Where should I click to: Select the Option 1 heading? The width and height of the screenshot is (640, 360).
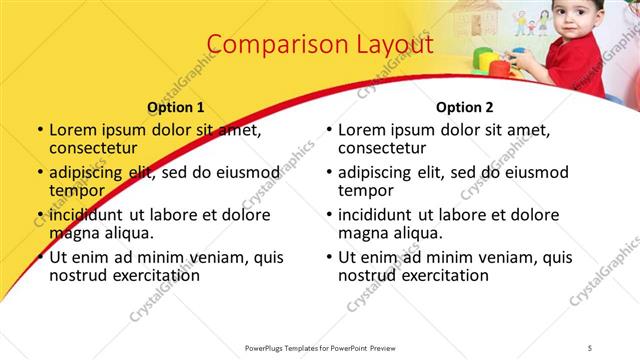(175, 107)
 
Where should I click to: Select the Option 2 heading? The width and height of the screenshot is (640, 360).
(465, 107)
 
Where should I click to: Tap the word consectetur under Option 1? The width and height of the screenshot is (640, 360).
(96, 148)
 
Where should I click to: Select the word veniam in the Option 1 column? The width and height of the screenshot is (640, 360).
(209, 257)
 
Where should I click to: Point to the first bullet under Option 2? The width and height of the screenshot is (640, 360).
(328, 131)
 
